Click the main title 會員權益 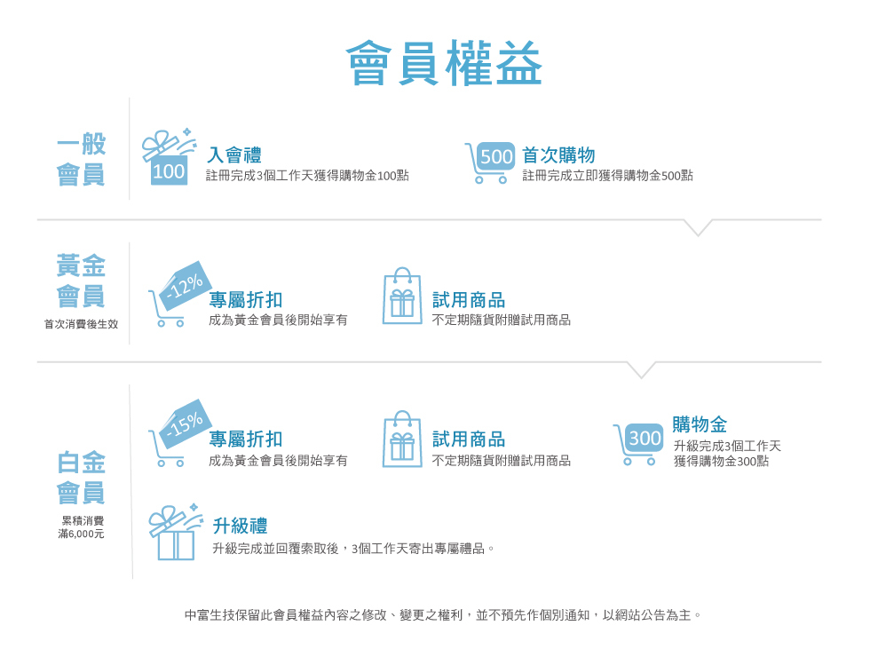pyautogui.click(x=444, y=63)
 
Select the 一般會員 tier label pyautogui.click(x=81, y=160)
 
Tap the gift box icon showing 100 pyautogui.click(x=168, y=160)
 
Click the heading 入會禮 pyautogui.click(x=233, y=155)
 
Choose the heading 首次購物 pyautogui.click(x=558, y=155)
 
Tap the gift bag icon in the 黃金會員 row pyautogui.click(x=402, y=297)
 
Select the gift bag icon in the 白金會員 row pyautogui.click(x=402, y=439)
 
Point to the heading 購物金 pyautogui.click(x=700, y=424)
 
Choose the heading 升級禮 pyautogui.click(x=240, y=526)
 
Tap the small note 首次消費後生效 pyautogui.click(x=81, y=324)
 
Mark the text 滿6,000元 pyautogui.click(x=81, y=534)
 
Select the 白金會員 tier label pyautogui.click(x=81, y=478)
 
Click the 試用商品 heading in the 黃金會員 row pyautogui.click(x=468, y=300)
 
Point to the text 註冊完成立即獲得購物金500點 pyautogui.click(x=607, y=176)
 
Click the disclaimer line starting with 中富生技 pyautogui.click(x=443, y=614)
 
